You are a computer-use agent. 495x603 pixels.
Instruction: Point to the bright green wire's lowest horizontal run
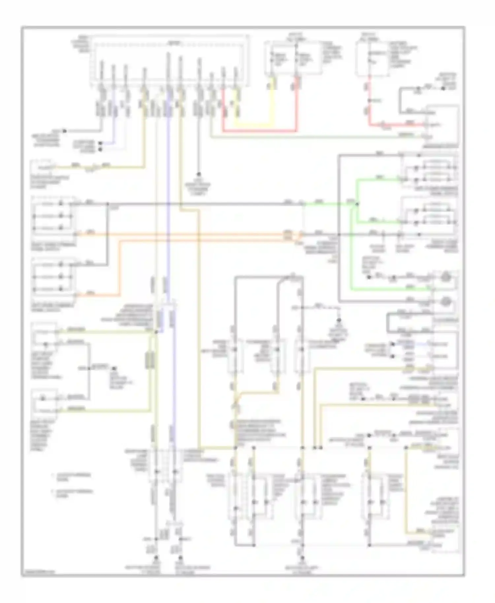pos(389,290)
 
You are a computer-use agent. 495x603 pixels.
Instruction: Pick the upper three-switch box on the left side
pos(53,216)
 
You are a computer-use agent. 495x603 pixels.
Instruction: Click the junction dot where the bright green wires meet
pos(356,204)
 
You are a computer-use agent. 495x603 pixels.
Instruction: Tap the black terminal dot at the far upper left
pos(65,131)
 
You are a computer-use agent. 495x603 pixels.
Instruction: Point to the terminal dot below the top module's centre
pos(199,174)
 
